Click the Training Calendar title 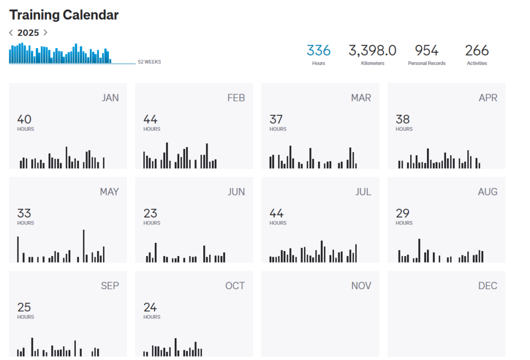(x=64, y=15)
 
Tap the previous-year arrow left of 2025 (x=11, y=33)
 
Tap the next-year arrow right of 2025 (x=45, y=33)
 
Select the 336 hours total (x=319, y=51)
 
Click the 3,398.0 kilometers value (x=373, y=51)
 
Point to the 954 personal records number (x=427, y=51)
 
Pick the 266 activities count (x=477, y=51)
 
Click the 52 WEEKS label (x=149, y=62)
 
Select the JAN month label (x=110, y=98)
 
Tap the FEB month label (x=236, y=98)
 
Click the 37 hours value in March (x=277, y=119)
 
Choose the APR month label (x=488, y=98)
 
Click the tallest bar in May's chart (x=84, y=246)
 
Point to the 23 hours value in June (x=150, y=213)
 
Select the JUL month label (x=363, y=192)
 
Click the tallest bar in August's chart (x=419, y=251)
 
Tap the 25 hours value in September (x=24, y=307)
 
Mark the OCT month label (x=235, y=286)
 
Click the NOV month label (x=361, y=286)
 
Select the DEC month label (x=488, y=286)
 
